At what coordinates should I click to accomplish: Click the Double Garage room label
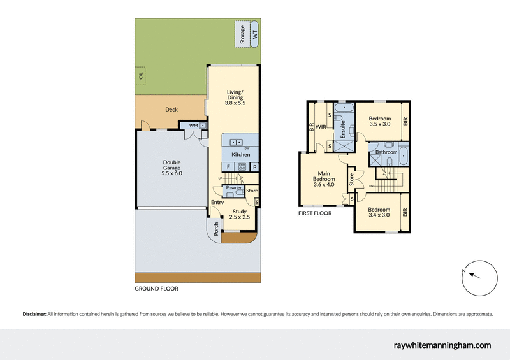click(171, 168)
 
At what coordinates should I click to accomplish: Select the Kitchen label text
click(240, 155)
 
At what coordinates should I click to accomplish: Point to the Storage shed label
click(242, 35)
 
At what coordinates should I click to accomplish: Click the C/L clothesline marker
click(141, 76)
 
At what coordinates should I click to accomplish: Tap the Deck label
click(171, 110)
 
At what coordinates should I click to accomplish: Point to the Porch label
click(216, 227)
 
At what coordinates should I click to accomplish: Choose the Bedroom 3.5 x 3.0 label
click(379, 122)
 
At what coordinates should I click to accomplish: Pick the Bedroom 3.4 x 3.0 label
click(379, 212)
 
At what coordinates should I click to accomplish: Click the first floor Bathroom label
click(386, 152)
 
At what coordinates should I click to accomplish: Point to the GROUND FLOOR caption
click(156, 289)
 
